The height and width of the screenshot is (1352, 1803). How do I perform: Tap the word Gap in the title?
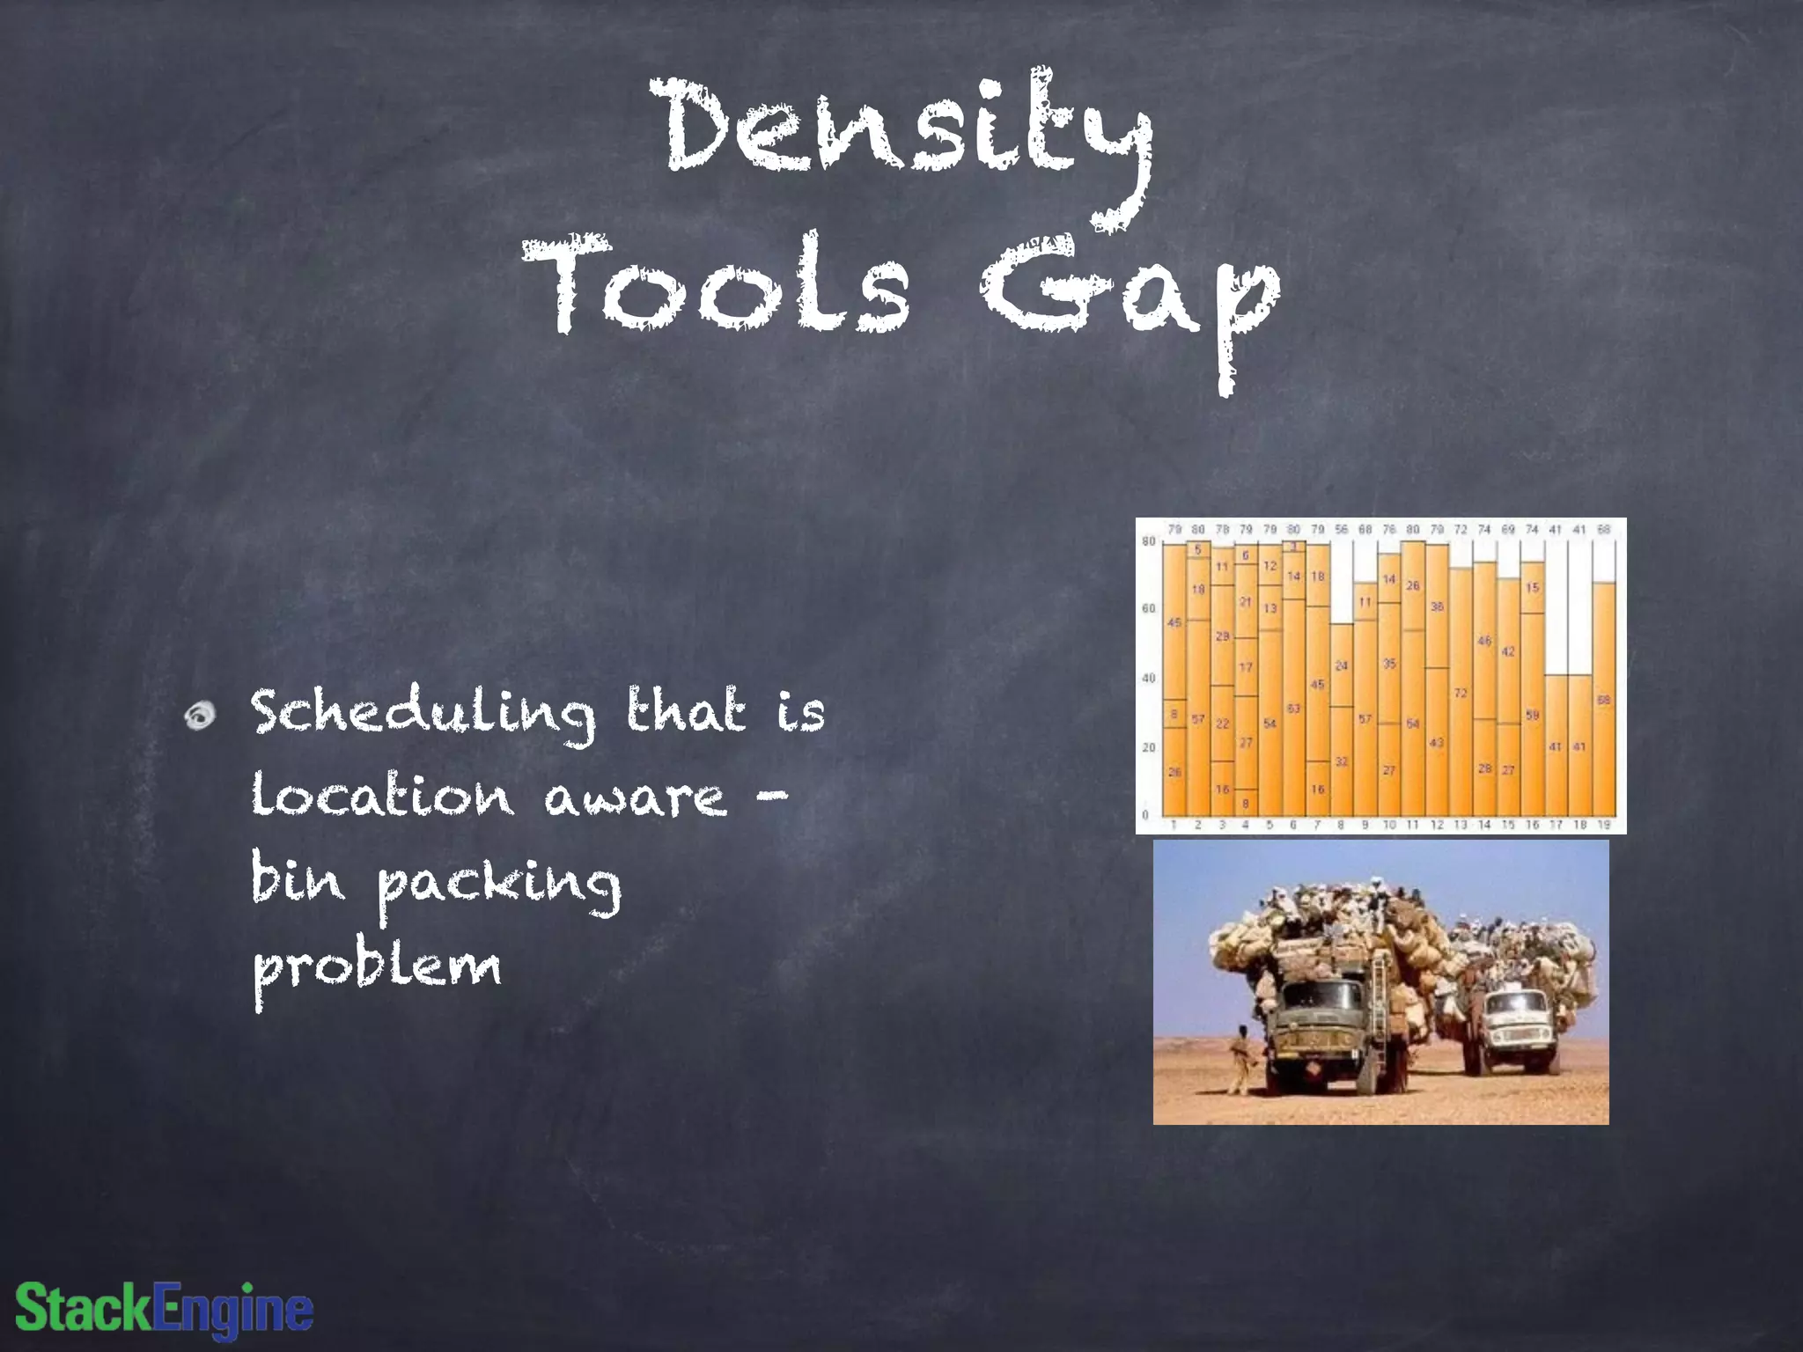1131,295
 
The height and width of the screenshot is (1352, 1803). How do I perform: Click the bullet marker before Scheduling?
202,716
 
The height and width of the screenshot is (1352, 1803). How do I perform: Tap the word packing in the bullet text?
500,885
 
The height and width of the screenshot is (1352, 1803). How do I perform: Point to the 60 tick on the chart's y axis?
1148,608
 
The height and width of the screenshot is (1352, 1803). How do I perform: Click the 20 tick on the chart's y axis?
1148,747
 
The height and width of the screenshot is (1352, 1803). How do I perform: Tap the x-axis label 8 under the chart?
1341,826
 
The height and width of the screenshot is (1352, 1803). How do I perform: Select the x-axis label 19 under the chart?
1603,826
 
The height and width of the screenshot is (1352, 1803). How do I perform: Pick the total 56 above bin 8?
1341,530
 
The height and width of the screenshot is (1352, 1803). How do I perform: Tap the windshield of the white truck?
1514,1003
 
